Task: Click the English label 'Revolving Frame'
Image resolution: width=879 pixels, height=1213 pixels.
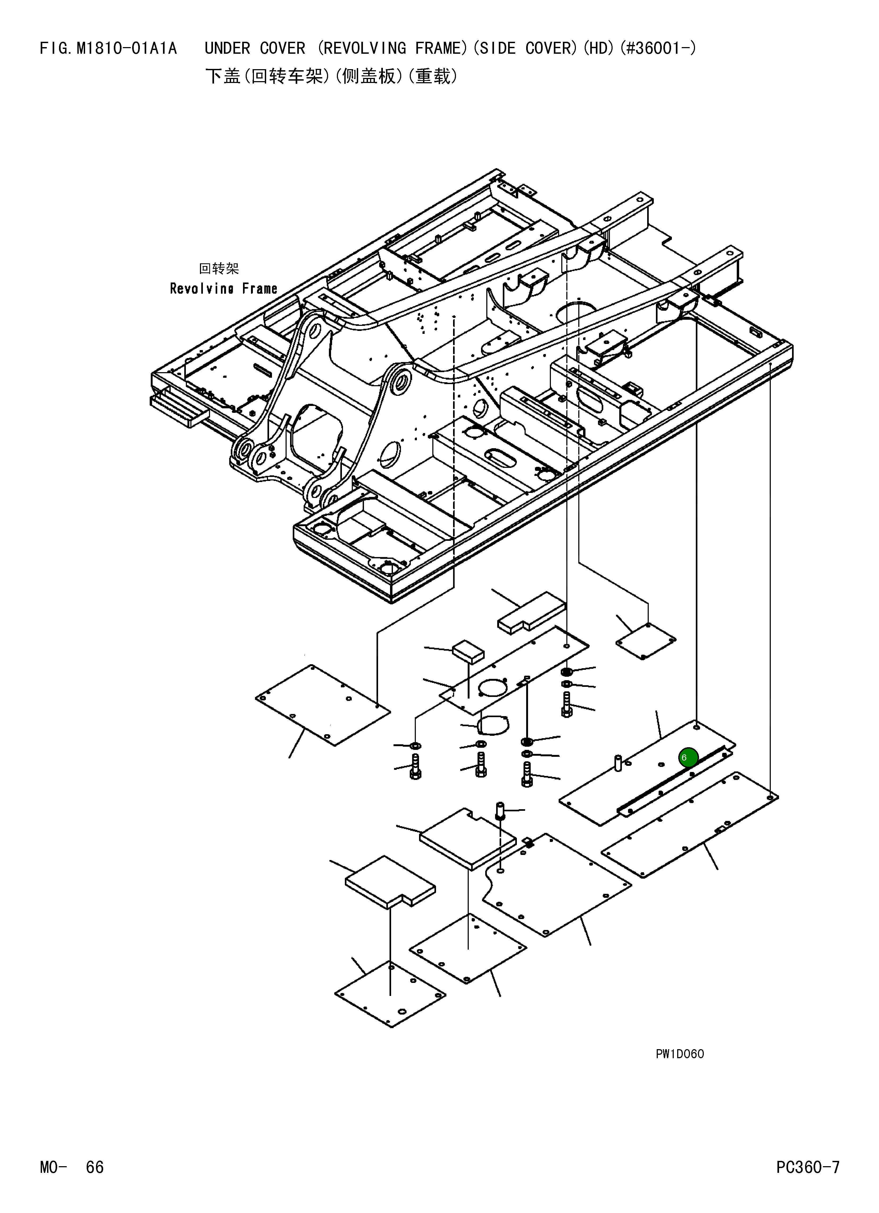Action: pyautogui.click(x=224, y=289)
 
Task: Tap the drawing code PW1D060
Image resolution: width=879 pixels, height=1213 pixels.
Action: pyautogui.click(x=680, y=1054)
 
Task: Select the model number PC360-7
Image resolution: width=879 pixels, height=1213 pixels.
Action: pyautogui.click(x=808, y=1166)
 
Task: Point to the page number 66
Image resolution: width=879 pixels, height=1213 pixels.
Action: pyautogui.click(x=95, y=1166)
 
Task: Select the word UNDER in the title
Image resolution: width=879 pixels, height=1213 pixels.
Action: pyautogui.click(x=227, y=49)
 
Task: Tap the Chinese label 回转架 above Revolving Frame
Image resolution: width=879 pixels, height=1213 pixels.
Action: pyautogui.click(x=219, y=268)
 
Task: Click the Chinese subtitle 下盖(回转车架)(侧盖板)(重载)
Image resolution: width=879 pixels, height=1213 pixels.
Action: pyautogui.click(x=332, y=77)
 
